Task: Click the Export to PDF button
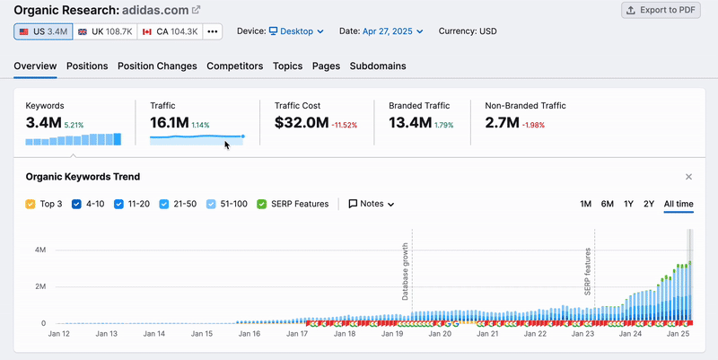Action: pyautogui.click(x=661, y=10)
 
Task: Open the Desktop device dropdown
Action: pyautogui.click(x=296, y=31)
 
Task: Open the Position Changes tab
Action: pyautogui.click(x=157, y=66)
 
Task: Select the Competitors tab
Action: pyautogui.click(x=234, y=66)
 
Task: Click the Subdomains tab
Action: pyautogui.click(x=377, y=66)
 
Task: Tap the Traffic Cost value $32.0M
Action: pyautogui.click(x=302, y=123)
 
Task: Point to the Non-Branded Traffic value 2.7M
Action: pyautogui.click(x=502, y=123)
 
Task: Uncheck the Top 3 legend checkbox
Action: pyautogui.click(x=31, y=204)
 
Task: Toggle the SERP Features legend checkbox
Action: pyautogui.click(x=262, y=204)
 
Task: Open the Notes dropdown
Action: pyautogui.click(x=372, y=204)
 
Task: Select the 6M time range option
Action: pyautogui.click(x=607, y=204)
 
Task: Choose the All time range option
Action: pyautogui.click(x=679, y=204)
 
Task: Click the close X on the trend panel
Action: pyautogui.click(x=688, y=177)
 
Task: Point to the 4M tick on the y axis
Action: pyautogui.click(x=40, y=250)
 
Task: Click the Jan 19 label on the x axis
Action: pyautogui.click(x=391, y=334)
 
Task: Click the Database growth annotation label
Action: pyautogui.click(x=406, y=271)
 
